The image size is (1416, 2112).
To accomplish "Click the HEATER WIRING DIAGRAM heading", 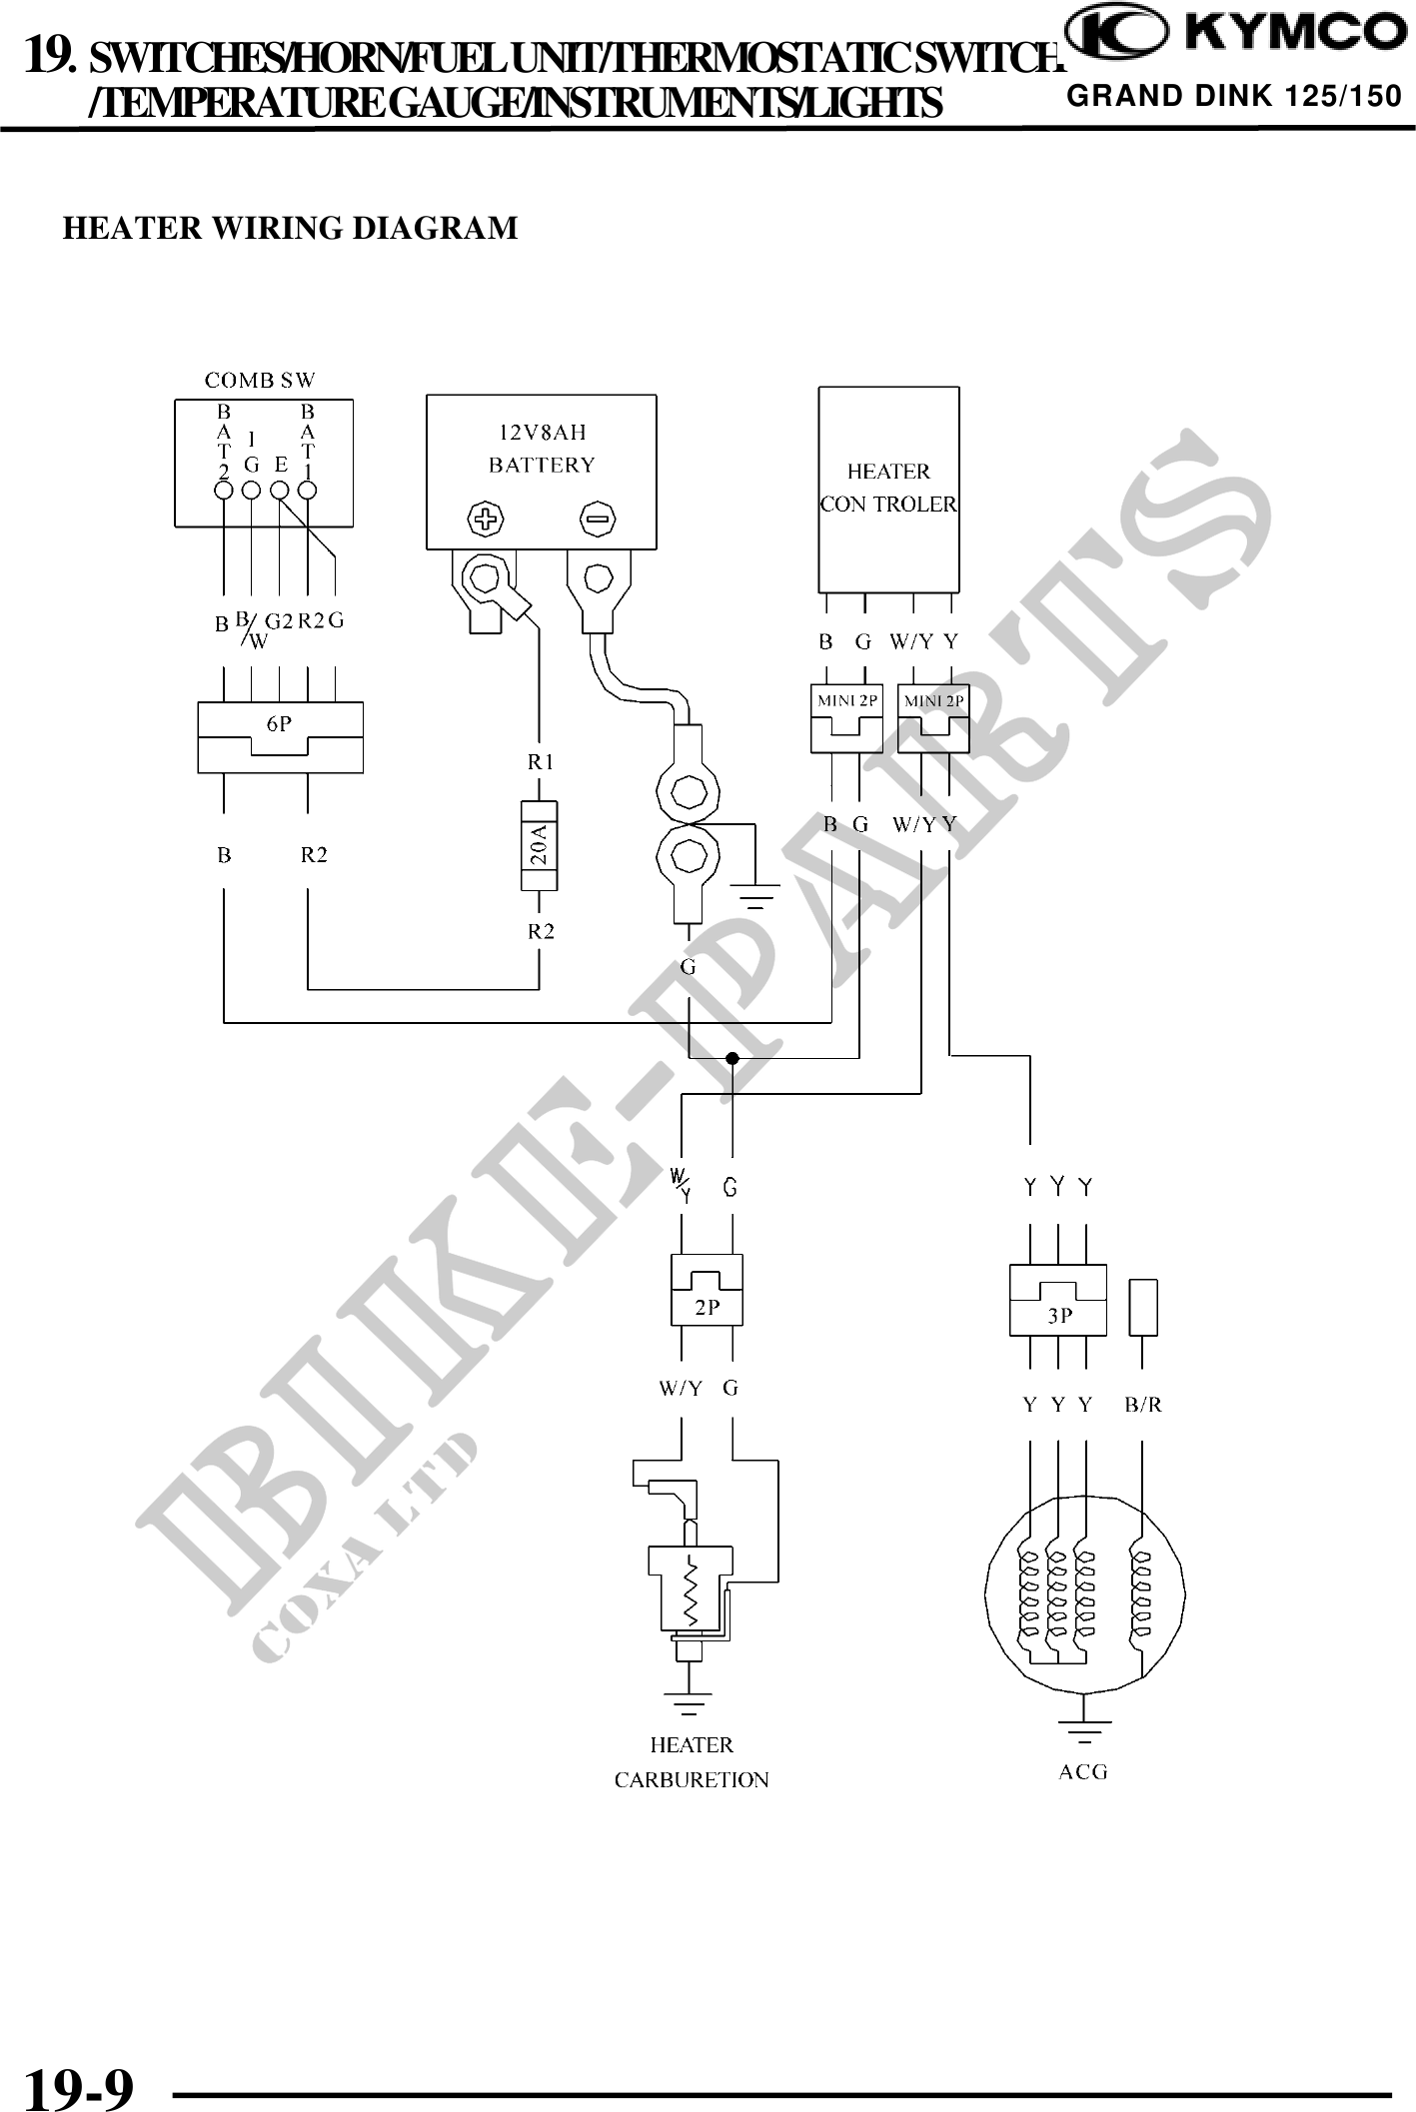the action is tap(291, 228).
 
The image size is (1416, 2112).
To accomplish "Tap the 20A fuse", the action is tap(540, 845).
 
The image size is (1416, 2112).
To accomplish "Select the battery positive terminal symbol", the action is tap(487, 519).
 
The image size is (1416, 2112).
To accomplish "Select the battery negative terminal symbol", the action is tap(598, 519).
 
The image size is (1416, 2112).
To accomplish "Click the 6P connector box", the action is tap(281, 737).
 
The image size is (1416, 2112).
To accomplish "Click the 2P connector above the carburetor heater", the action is tap(707, 1290).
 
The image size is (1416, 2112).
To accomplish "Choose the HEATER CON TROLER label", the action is tap(888, 488).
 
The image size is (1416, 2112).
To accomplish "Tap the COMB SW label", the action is tap(260, 380).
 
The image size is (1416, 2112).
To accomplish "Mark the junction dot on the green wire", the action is tap(732, 1058).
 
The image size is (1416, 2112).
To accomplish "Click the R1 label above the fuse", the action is tap(541, 762).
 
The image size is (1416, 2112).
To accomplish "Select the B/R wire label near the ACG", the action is tap(1143, 1405).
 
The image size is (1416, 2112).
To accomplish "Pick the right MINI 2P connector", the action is tap(933, 718).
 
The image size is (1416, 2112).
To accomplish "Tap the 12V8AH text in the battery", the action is tap(543, 433).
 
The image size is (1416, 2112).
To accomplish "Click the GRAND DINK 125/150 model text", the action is tap(1234, 96).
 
